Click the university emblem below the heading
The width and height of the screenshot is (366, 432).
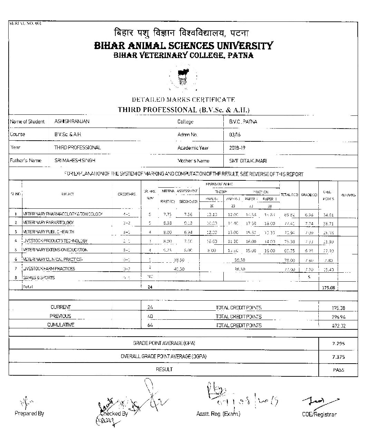183,77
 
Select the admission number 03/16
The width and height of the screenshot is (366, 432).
235,135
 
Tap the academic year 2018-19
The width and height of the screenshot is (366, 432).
237,148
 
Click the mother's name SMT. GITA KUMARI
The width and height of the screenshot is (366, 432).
248,161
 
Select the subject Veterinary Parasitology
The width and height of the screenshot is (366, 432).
49,223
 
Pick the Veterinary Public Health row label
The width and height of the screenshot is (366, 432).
49,232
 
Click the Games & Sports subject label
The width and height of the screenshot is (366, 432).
39,278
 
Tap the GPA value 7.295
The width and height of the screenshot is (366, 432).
338,344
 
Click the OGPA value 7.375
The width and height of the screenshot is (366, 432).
338,357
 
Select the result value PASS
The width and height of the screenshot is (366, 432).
338,369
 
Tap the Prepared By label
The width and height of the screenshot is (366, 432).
29,413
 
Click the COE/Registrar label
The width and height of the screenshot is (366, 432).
319,414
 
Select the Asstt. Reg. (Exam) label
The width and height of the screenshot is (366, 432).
218,414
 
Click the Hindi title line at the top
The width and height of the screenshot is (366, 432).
182,33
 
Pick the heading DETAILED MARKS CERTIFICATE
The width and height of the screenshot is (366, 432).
183,100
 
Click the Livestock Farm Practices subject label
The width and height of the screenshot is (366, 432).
49,269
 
